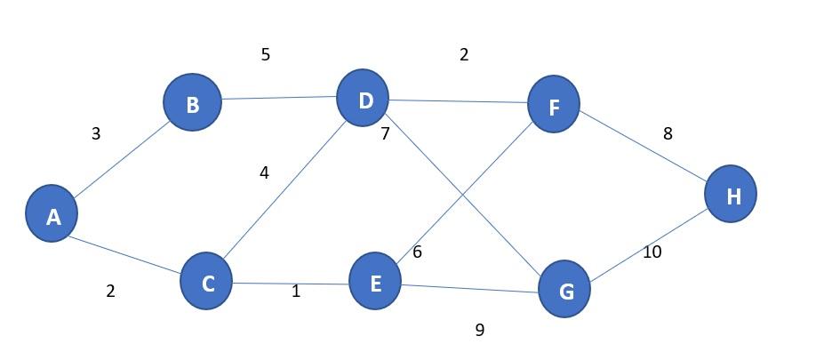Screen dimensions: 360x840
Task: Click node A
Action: click(x=52, y=214)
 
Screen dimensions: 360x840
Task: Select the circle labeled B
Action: click(x=192, y=103)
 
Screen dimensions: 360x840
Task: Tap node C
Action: click(x=206, y=282)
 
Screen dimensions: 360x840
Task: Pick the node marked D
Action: click(x=363, y=99)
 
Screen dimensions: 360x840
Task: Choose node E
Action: click(x=374, y=282)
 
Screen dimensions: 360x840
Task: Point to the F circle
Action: click(x=553, y=105)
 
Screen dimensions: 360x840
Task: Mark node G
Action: click(x=564, y=289)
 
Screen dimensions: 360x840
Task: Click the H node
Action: click(x=731, y=194)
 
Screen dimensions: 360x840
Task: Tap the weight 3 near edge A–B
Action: click(x=96, y=134)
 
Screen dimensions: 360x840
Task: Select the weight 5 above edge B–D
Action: click(x=265, y=55)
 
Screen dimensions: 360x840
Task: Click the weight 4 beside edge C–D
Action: click(x=264, y=173)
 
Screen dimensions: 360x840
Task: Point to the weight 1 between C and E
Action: click(x=296, y=292)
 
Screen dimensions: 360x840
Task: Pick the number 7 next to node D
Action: click(x=385, y=135)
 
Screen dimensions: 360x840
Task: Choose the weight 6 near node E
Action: click(x=417, y=252)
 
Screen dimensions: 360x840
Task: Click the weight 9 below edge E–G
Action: click(x=480, y=331)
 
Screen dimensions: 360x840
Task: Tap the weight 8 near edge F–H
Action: click(x=668, y=134)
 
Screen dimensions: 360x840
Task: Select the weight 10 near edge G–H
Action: click(x=652, y=252)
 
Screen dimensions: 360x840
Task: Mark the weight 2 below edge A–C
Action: click(x=110, y=292)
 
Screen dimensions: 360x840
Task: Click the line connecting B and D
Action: click(x=278, y=99)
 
